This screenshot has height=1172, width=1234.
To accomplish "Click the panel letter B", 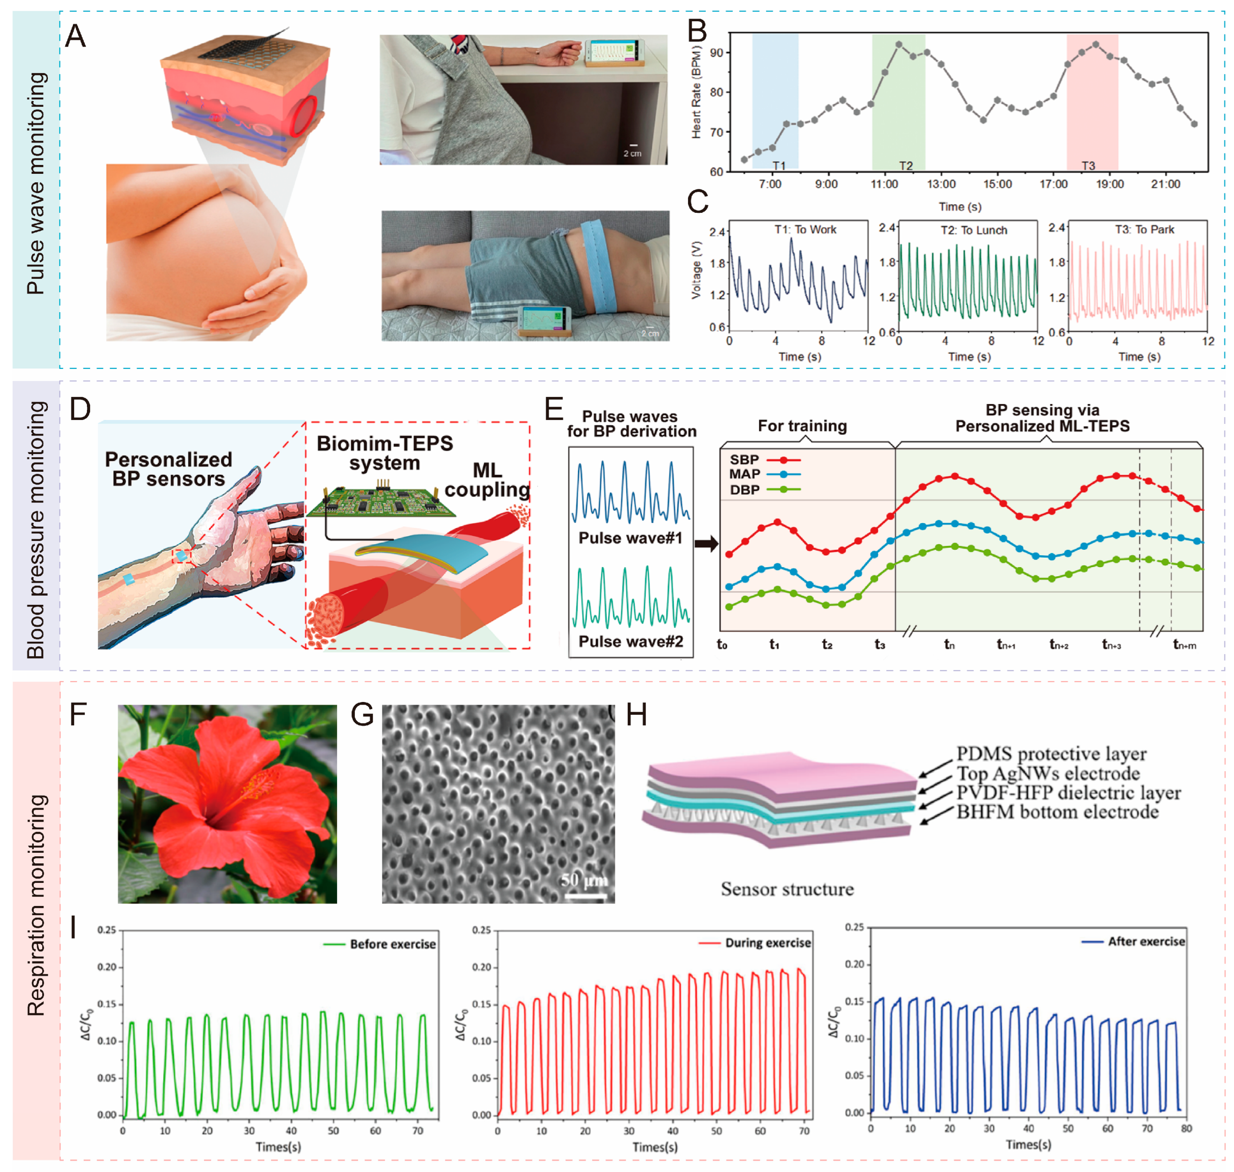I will pos(697,31).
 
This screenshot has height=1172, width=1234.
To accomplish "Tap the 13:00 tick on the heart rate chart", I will pos(940,184).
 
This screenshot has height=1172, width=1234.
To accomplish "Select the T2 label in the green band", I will pos(905,165).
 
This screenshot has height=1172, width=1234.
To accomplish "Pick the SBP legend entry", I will pos(763,460).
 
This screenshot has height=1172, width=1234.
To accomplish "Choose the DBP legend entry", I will pos(763,490).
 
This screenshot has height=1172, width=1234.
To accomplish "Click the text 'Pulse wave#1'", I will pos(630,538).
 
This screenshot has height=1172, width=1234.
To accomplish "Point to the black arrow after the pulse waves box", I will pos(707,544).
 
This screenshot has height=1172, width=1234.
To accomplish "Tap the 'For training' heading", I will pos(802,426).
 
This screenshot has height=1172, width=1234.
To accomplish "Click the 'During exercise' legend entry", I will pos(755,943).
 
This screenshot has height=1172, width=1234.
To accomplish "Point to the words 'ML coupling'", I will pos(487,480).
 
